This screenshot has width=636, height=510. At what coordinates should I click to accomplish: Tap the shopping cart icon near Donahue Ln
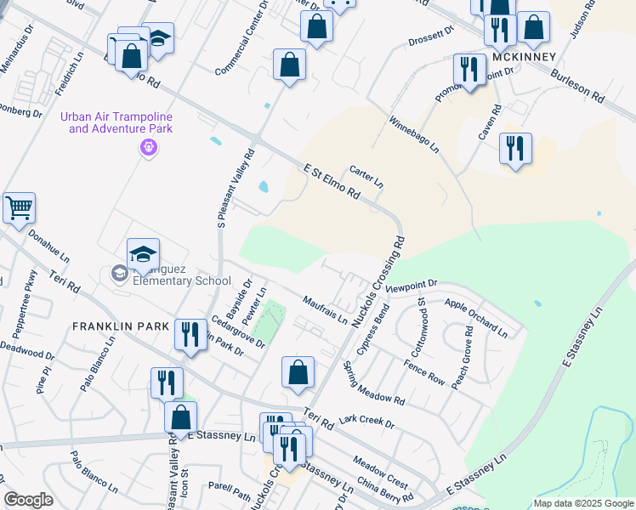19,207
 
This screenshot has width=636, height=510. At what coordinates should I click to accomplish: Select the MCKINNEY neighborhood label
524,57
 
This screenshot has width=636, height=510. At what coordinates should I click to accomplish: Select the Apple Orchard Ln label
475,315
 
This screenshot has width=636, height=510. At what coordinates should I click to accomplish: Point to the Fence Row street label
424,373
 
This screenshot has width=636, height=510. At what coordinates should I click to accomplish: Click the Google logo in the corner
28,500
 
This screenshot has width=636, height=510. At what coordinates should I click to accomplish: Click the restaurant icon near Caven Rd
515,148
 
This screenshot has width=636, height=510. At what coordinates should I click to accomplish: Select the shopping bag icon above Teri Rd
298,371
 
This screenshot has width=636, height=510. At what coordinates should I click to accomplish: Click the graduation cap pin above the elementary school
143,253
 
